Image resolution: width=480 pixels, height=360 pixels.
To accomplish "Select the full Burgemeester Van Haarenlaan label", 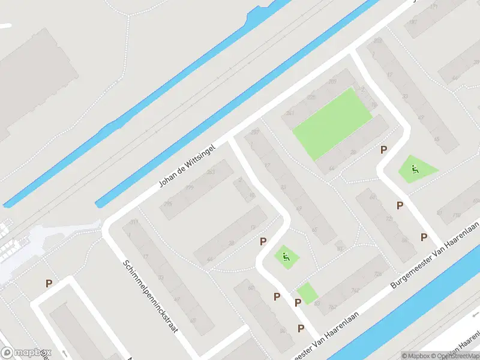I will pyautogui.click(x=435, y=254).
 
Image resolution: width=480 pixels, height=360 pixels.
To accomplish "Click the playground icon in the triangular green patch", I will pyautogui.click(x=415, y=169).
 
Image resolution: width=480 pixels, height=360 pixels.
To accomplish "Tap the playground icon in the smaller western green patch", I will pyautogui.click(x=286, y=257).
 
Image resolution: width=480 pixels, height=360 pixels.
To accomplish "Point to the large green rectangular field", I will pyautogui.click(x=332, y=123).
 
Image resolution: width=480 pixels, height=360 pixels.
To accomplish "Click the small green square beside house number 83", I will pyautogui.click(x=307, y=293).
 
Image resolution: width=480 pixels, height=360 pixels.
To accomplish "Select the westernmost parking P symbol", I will pyautogui.click(x=49, y=283).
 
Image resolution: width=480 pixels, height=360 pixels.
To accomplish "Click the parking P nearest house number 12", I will pyautogui.click(x=263, y=241).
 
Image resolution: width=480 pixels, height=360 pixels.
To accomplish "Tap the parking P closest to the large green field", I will pyautogui.click(x=383, y=149).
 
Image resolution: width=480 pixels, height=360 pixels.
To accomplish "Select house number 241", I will pyautogui.click(x=290, y=113).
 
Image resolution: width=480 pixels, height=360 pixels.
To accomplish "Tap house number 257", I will pyautogui.click(x=254, y=132).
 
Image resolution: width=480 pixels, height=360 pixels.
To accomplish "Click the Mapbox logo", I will pyautogui.click(x=26, y=353).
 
